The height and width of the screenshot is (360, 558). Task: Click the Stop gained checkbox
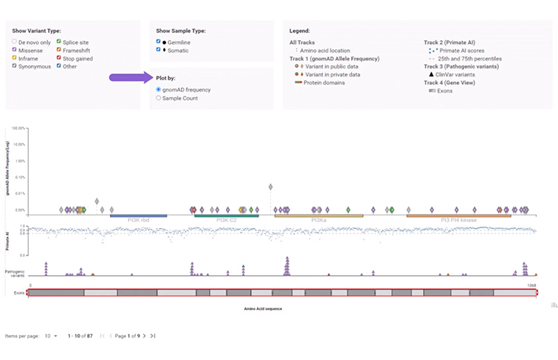click(58, 58)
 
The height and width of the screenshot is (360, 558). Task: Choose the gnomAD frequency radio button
click(158, 89)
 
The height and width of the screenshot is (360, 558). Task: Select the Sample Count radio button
click(158, 98)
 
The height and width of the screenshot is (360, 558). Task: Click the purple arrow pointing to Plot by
click(129, 77)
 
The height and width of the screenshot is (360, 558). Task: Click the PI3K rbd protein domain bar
click(138, 216)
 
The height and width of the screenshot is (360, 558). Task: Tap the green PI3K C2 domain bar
click(226, 216)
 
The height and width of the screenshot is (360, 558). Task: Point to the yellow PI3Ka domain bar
click(318, 216)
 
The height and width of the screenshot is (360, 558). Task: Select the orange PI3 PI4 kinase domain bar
click(458, 216)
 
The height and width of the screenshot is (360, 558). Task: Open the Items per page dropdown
click(51, 335)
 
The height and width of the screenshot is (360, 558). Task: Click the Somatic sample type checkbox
click(158, 49)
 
